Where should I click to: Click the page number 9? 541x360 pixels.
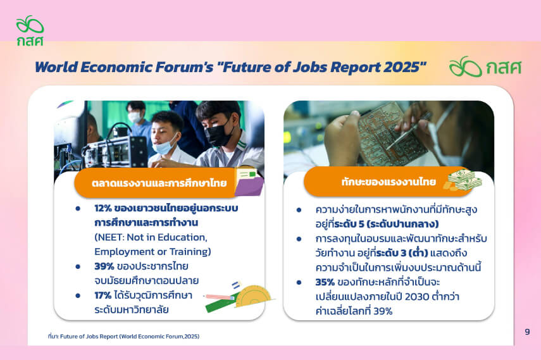(x=527, y=332)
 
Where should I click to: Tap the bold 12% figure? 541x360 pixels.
(x=103, y=208)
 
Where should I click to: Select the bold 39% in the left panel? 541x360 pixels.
(x=104, y=266)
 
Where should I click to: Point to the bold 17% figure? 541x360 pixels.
(x=103, y=295)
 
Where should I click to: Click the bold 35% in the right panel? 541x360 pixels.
(x=325, y=282)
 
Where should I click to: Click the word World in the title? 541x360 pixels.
(x=56, y=67)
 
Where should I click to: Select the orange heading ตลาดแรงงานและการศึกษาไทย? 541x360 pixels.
(x=159, y=183)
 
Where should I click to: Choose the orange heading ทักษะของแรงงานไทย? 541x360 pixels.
(x=389, y=182)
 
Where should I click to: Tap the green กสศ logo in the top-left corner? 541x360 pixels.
(x=30, y=30)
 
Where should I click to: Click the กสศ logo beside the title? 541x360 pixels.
(x=485, y=66)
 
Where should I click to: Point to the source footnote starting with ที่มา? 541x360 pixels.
(x=123, y=336)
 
